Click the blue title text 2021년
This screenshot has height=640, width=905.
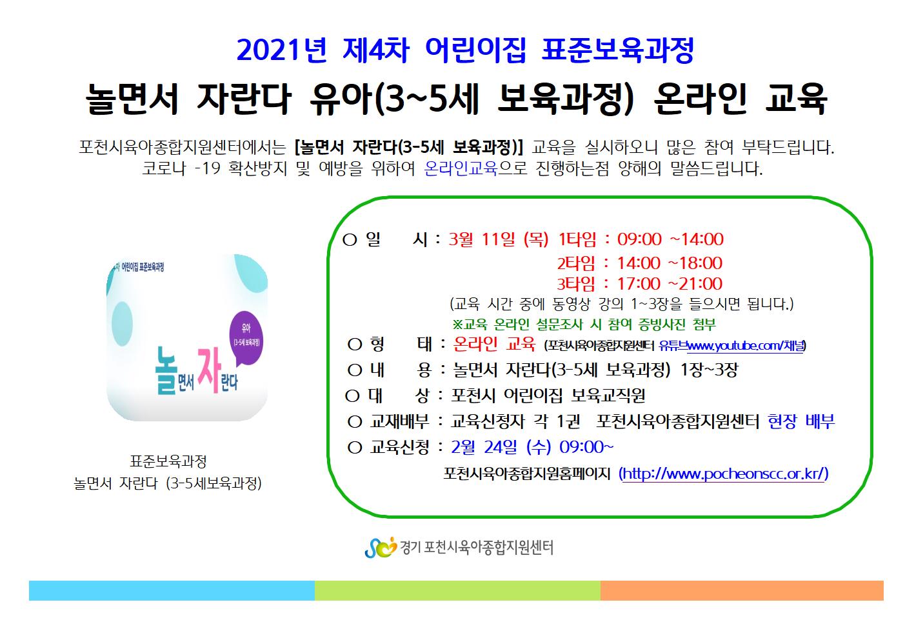click(x=281, y=50)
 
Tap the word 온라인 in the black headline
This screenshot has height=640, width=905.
click(x=700, y=99)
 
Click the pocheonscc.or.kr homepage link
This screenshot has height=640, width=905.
click(x=724, y=474)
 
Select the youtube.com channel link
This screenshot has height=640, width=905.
click(x=746, y=345)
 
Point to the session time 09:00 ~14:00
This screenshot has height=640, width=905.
click(x=670, y=239)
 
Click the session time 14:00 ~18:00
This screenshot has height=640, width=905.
click(x=670, y=263)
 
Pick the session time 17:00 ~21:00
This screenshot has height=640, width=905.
click(x=670, y=284)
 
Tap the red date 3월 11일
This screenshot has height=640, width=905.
click(x=482, y=239)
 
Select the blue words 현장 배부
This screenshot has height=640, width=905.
click(x=801, y=421)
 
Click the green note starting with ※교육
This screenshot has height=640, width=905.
click(x=584, y=324)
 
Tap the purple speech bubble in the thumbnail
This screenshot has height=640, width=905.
click(x=246, y=339)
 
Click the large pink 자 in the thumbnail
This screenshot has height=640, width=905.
click(x=209, y=369)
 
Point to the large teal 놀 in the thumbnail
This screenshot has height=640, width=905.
click(x=166, y=370)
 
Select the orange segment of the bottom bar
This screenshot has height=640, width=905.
click(x=742, y=590)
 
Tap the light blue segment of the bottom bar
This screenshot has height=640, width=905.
click(x=172, y=590)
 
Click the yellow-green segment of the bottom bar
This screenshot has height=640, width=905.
click(x=457, y=590)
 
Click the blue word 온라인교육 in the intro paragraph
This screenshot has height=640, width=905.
click(x=461, y=168)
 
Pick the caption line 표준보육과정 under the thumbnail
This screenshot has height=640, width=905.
click(x=168, y=461)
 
